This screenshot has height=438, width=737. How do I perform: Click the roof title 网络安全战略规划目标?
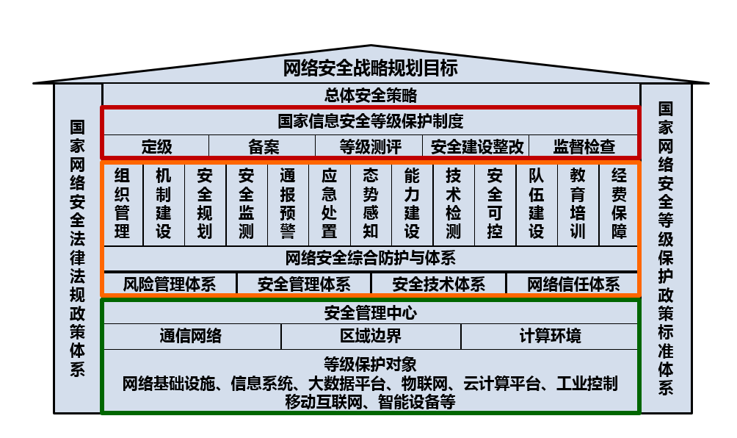(371, 68)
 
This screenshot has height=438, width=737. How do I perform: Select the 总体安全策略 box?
(371, 95)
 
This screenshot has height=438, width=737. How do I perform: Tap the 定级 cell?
(156, 146)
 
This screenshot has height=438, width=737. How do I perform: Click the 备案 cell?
(264, 146)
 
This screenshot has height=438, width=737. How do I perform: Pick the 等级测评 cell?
(370, 146)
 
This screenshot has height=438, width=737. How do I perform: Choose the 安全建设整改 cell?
(477, 146)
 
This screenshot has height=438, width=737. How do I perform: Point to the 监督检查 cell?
(584, 146)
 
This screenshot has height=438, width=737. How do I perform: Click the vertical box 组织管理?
(122, 204)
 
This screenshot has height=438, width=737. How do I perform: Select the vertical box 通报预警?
(288, 204)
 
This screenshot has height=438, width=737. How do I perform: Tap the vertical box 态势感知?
(371, 204)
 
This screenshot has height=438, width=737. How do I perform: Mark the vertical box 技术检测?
(454, 204)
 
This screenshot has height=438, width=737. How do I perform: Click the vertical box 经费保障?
(619, 204)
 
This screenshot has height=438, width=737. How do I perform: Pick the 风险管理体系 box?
(170, 284)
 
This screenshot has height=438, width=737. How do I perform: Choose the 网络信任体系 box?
(573, 284)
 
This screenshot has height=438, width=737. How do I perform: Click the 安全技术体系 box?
(439, 284)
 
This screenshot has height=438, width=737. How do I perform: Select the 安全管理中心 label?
(371, 313)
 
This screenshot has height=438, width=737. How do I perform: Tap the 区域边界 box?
(371, 337)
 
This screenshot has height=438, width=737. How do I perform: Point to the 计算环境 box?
(550, 337)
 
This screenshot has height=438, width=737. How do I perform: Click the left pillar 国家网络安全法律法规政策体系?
(78, 248)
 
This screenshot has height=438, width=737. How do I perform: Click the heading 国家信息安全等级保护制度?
(371, 121)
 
